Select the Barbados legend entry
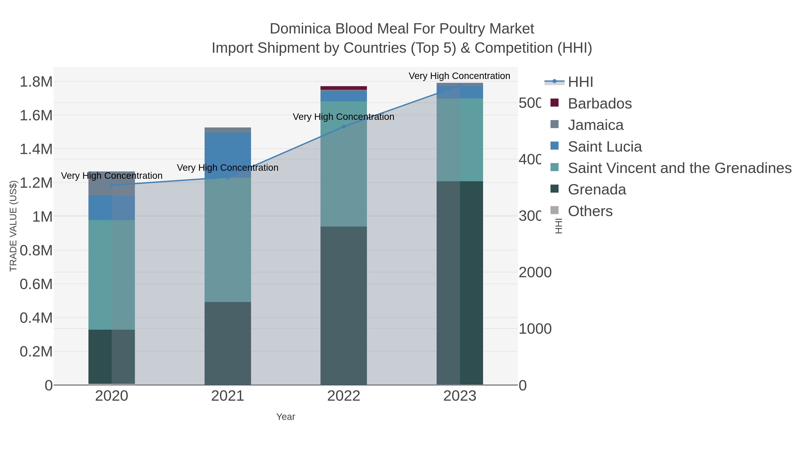[599, 104]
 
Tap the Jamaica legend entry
[595, 125]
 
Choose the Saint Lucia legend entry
[605, 147]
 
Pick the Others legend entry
[590, 211]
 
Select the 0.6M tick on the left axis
[36, 284]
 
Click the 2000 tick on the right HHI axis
[535, 272]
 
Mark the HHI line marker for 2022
[344, 127]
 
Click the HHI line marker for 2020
[112, 185]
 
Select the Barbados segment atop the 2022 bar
[344, 88]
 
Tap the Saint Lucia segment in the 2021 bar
[228, 154]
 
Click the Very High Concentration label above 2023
[459, 76]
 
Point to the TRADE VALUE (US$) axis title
[13, 226]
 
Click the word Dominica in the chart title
[300, 29]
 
